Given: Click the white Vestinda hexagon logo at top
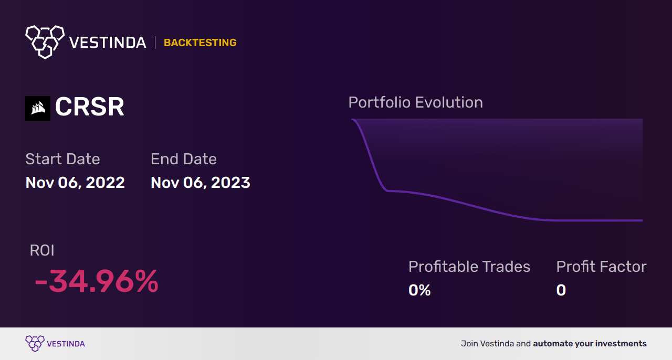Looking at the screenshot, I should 45,41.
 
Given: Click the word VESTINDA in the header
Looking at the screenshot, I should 108,43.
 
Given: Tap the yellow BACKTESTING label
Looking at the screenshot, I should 200,43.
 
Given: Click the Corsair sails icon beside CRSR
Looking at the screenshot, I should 38,109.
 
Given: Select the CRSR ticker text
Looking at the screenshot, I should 90,108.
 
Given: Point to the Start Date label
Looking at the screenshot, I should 62,159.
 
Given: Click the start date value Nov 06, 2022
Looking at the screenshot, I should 75,183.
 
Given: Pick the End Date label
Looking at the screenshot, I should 184,159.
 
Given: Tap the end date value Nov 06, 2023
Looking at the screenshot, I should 200,183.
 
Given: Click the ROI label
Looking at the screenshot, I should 42,250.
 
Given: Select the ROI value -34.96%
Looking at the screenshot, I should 96,282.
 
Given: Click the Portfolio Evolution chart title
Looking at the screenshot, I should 415,102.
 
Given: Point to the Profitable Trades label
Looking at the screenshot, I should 469,267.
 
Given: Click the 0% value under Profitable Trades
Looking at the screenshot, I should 419,290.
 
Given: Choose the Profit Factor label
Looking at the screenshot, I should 601,267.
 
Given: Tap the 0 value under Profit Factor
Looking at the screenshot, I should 561,290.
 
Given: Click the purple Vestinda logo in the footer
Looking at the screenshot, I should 35,343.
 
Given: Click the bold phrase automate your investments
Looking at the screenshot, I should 590,344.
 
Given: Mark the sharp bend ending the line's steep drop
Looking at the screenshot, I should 387,190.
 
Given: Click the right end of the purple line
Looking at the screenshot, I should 642,220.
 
